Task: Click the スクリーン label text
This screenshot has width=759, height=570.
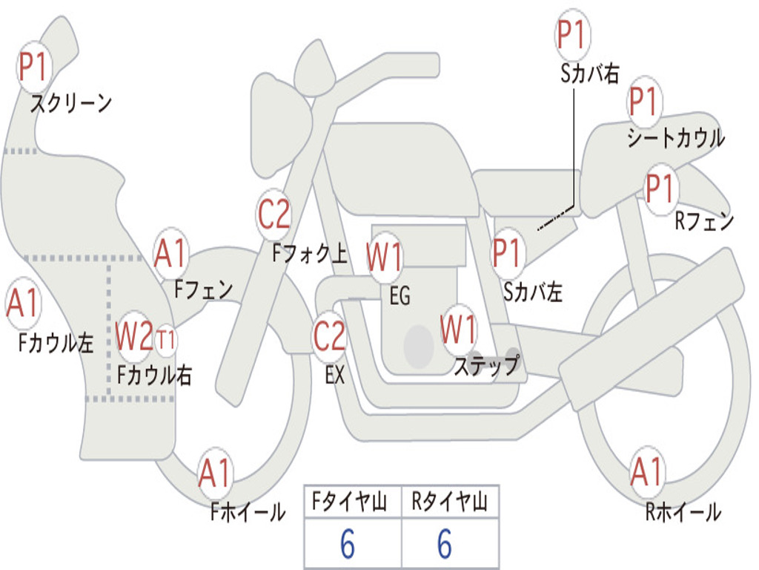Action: pyautogui.click(x=71, y=103)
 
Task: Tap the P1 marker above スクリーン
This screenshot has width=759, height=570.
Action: pyautogui.click(x=33, y=68)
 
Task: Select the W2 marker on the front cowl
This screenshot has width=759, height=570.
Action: pyautogui.click(x=134, y=336)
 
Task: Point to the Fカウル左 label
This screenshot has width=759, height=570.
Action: pyautogui.click(x=55, y=343)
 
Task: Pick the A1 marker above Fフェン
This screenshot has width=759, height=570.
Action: pyautogui.click(x=171, y=254)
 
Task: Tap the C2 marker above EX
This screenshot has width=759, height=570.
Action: pyautogui.click(x=329, y=336)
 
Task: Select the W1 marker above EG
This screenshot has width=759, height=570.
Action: pyautogui.click(x=384, y=257)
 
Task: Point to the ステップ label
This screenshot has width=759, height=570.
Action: pyautogui.click(x=486, y=365)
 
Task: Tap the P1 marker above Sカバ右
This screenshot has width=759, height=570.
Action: pyautogui.click(x=573, y=34)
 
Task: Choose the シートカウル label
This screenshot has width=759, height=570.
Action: pyautogui.click(x=676, y=137)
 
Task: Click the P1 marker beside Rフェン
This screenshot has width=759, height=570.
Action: pyautogui.click(x=660, y=189)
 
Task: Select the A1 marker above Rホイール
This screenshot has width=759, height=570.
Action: pyautogui.click(x=646, y=471)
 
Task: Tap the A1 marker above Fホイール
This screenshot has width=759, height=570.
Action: pyautogui.click(x=215, y=473)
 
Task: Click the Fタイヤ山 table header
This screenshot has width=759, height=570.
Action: pyautogui.click(x=350, y=502)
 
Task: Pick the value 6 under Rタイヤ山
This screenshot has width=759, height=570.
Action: pyautogui.click(x=445, y=544)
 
